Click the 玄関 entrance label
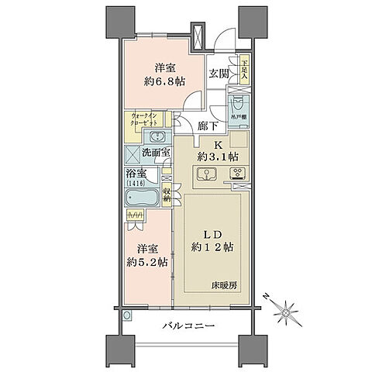219,74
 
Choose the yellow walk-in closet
147,121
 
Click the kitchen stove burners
237,174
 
